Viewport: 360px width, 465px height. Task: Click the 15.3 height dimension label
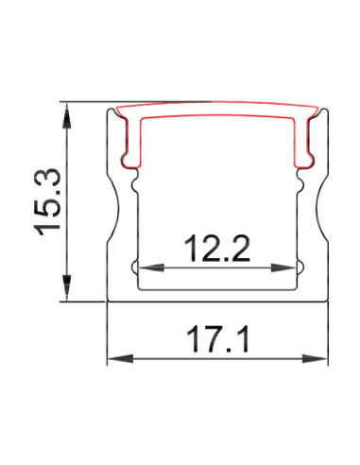point(47,202)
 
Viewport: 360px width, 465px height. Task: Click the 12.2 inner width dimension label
point(218,249)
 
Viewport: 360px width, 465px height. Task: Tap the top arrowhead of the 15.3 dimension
point(66,116)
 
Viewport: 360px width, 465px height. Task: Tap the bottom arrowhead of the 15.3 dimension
point(66,287)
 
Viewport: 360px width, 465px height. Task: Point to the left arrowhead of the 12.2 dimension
point(152,268)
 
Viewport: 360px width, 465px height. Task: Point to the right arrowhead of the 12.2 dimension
point(283,268)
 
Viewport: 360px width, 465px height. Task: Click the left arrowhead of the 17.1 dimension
point(121,358)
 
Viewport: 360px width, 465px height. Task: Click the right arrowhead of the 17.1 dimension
point(315,358)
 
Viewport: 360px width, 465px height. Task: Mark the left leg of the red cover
point(133,142)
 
